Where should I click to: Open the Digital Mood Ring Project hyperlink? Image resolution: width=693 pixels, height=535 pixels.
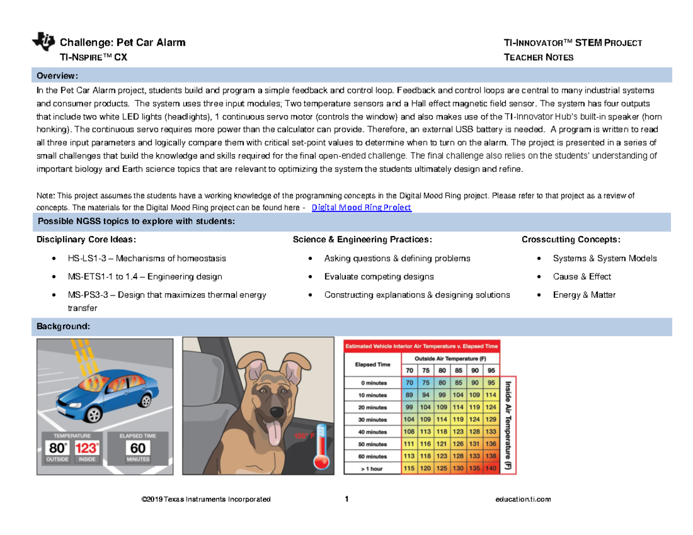pyautogui.click(x=361, y=208)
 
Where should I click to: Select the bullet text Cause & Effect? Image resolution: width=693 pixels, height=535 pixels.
pyautogui.click(x=582, y=276)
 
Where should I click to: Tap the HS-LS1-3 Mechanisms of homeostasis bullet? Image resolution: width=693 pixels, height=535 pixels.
pyautogui.click(x=147, y=258)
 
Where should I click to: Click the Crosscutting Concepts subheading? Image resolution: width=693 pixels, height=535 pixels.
pyautogui.click(x=571, y=240)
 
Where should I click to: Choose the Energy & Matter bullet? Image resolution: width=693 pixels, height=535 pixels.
pyautogui.click(x=584, y=295)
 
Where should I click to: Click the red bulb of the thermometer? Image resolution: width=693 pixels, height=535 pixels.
pyautogui.click(x=322, y=461)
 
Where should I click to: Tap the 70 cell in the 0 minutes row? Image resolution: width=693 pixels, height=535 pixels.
pyautogui.click(x=409, y=382)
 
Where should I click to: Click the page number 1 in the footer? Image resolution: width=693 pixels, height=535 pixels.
pyautogui.click(x=347, y=499)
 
